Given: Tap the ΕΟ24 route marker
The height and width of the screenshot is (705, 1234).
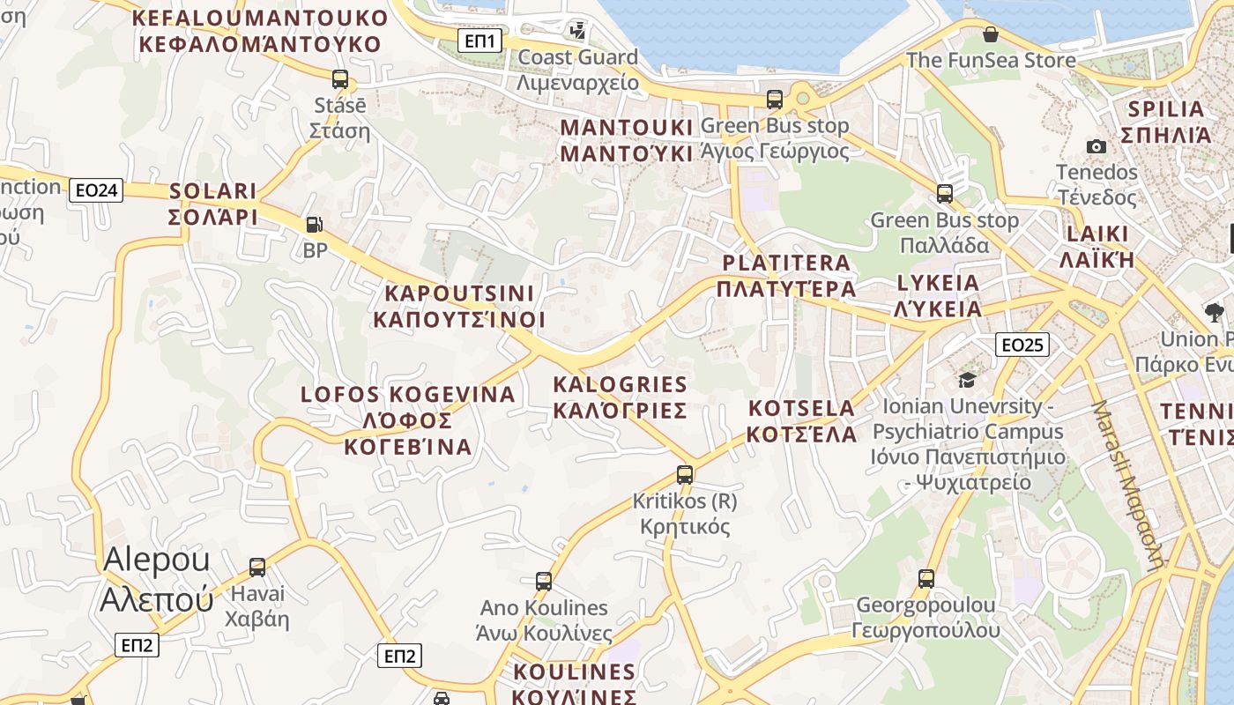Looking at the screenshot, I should [x=96, y=189].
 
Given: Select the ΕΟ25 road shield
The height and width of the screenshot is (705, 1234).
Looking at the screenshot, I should [x=1022, y=344].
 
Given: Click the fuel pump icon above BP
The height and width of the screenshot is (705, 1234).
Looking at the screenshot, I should [x=315, y=225].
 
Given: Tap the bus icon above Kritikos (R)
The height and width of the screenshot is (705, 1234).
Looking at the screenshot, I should [x=685, y=475].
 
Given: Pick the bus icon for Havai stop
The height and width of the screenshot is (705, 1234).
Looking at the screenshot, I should [x=257, y=568].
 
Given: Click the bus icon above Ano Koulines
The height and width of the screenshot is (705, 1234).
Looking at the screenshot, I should [x=544, y=582].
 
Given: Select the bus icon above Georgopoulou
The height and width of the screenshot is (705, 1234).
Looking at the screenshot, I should [x=926, y=579].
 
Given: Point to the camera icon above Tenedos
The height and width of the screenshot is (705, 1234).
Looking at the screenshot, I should [x=1096, y=146].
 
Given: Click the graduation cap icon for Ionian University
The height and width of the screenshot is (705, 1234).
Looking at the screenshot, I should [x=967, y=380].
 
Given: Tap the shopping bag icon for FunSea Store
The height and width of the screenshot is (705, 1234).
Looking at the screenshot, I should [x=991, y=34].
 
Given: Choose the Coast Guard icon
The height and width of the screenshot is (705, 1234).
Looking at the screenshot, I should [x=578, y=31].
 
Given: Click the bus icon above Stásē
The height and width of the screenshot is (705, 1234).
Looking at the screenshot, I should [x=340, y=78].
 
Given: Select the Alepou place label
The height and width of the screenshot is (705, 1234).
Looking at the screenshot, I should [x=157, y=579].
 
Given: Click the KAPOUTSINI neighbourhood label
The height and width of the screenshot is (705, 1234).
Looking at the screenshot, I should [x=459, y=306].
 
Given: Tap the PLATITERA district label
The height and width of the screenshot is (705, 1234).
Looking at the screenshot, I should [x=786, y=276].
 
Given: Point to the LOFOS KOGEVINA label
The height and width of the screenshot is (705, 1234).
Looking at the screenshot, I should [x=408, y=420].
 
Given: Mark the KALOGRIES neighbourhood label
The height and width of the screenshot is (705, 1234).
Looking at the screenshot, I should [x=620, y=397].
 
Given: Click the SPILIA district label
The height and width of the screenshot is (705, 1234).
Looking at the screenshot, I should [x=1165, y=122].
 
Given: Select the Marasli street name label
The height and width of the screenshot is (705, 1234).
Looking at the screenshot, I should [x=1128, y=485].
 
